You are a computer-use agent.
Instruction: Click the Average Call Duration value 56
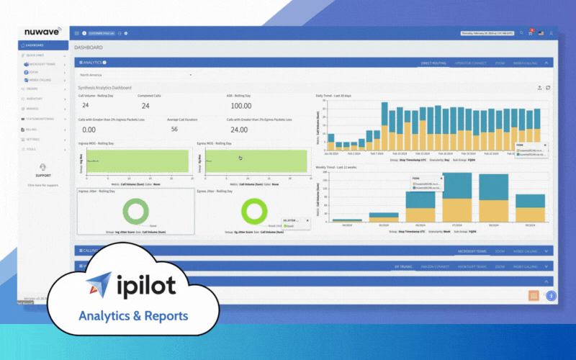coord(174,129)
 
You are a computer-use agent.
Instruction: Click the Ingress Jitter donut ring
coord(134,211)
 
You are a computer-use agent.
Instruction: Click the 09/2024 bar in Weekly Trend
coord(531,208)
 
